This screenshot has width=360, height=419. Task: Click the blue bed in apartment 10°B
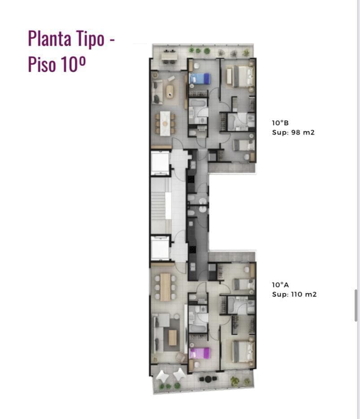point(199,79)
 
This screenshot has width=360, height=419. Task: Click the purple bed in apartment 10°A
point(199,353)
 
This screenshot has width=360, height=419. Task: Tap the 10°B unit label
point(280,123)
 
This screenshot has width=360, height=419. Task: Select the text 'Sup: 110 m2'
point(294,294)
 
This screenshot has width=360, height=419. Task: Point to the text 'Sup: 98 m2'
point(293,132)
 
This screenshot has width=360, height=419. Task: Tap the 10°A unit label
point(280,285)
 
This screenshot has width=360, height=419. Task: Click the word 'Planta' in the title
point(50,39)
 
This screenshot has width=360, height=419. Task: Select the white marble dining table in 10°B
point(165,123)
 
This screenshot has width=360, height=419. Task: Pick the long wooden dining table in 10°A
point(165,287)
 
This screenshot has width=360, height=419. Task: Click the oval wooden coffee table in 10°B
point(169,92)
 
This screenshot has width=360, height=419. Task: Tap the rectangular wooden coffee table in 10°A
point(173,337)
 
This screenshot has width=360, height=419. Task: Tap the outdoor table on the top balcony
point(169,57)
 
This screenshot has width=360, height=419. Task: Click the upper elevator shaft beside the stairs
point(160,163)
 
